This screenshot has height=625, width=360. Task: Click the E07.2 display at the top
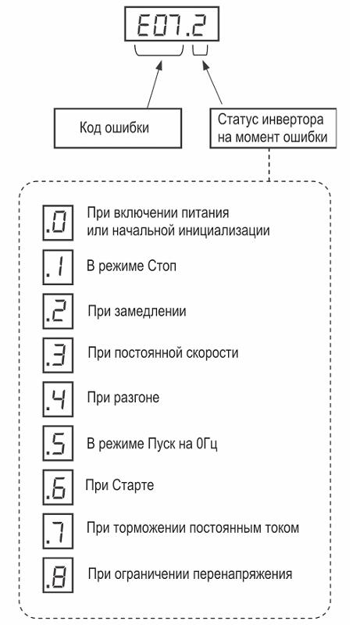coord(172,24)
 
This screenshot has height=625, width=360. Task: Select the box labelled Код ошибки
coord(118,128)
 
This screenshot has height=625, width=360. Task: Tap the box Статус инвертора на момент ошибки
coord(273,128)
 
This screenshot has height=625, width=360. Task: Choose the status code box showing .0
coord(58,223)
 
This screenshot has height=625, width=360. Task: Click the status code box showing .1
coord(58,266)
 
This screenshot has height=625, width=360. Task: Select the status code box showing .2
coord(58,311)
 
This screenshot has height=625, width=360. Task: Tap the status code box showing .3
coord(58,355)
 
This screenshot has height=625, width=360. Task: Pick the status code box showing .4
coord(58,399)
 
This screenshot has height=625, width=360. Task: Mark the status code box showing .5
coord(58,443)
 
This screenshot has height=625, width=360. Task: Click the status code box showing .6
coord(58,487)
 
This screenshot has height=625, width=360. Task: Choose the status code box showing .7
coord(58,531)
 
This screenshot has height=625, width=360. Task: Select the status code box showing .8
coord(58,575)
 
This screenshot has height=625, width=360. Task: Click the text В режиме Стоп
coord(131,266)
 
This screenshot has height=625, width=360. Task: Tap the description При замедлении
coord(137,311)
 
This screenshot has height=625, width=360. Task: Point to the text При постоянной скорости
coord(163,353)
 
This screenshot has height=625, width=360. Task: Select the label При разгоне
coord(123,398)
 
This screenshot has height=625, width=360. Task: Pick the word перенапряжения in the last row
coord(243,574)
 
